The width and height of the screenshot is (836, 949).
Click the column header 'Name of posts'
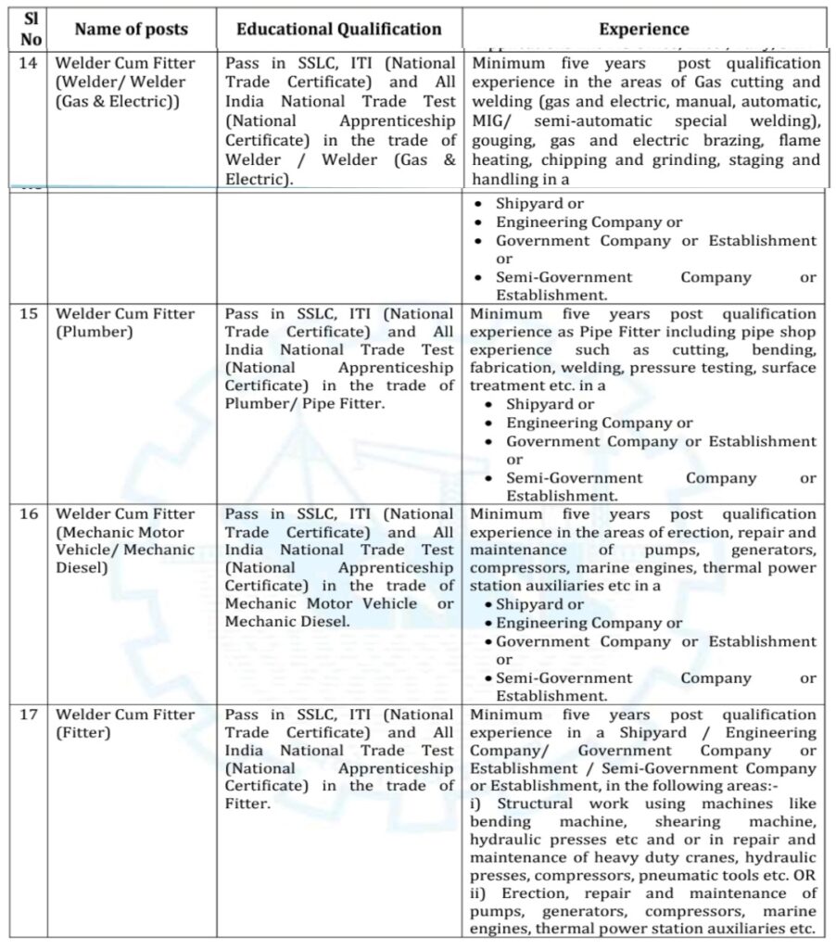click(131, 30)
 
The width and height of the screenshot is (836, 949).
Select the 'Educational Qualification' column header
click(338, 30)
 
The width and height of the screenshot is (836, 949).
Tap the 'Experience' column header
click(643, 30)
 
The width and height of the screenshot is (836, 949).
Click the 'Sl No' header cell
click(31, 30)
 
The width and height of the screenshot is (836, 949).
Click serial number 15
click(30, 314)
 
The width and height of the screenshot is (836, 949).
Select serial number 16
click(30, 514)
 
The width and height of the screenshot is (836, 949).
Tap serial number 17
click(30, 715)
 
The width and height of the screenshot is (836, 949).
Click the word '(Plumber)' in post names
click(90, 332)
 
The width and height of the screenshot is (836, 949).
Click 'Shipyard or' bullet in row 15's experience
click(551, 404)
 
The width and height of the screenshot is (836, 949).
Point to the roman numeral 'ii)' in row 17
click(481, 893)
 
